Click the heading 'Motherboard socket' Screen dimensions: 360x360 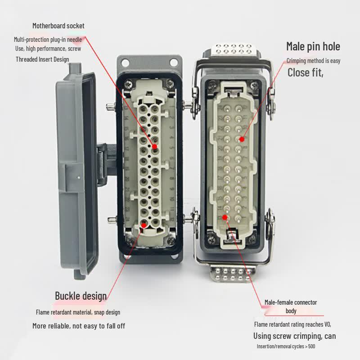58,26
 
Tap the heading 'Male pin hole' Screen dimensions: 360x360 313,46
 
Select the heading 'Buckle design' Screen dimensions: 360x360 81,296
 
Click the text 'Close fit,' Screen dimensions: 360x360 306,72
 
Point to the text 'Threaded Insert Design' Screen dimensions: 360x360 42,59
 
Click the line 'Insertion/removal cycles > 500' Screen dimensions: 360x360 286,346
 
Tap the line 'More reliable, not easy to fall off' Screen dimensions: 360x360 79,326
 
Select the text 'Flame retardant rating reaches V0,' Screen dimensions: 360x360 292,324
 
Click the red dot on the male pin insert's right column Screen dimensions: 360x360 242,139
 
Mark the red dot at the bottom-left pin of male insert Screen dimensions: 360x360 225,217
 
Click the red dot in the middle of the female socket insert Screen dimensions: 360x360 154,147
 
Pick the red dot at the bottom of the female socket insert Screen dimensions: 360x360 144,225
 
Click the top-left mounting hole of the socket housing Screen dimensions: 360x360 126,62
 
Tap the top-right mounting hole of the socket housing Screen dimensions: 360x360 174,62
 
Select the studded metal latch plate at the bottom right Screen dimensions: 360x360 233,274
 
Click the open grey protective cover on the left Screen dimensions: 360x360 77,171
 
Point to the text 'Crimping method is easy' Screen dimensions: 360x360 313,61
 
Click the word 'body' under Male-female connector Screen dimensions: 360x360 291,311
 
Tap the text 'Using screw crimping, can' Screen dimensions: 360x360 295,336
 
